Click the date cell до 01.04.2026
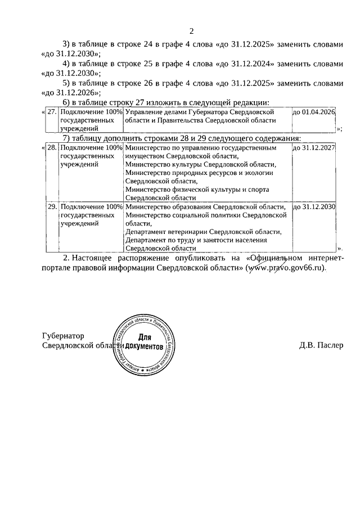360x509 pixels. [313, 113]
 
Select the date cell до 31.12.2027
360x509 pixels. [313, 148]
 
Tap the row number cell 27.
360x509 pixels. [52, 113]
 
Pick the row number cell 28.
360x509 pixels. [52, 148]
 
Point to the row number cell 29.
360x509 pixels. [52, 207]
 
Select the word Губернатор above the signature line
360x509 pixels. [62, 336]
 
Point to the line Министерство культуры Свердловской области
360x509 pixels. [201, 165]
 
